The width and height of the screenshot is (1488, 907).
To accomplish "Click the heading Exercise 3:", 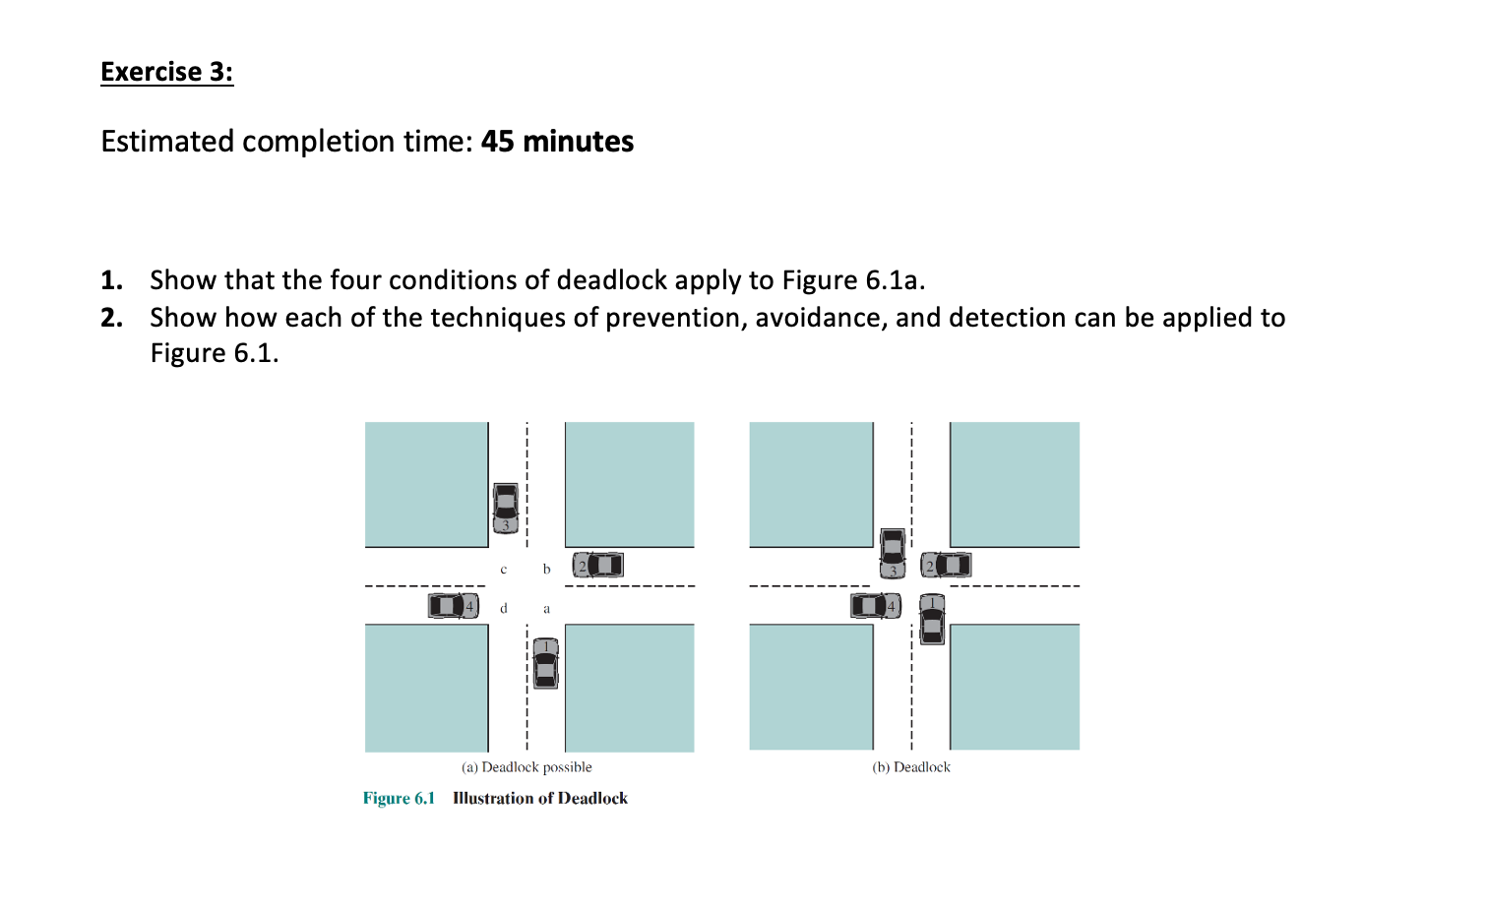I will (166, 72).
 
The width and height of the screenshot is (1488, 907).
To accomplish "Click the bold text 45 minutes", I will (557, 142).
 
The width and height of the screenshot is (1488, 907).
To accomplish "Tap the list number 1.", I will (112, 280).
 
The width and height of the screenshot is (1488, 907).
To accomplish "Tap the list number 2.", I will (112, 318).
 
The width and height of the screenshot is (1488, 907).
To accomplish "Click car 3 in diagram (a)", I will (505, 508).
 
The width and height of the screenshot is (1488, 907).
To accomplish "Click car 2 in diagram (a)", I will (597, 565).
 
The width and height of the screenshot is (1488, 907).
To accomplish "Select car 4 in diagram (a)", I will (453, 606).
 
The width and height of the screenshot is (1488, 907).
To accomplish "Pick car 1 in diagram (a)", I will (545, 663).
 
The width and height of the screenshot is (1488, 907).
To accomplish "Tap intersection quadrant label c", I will (504, 570).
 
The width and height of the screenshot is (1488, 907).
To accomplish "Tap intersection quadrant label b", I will (546, 570).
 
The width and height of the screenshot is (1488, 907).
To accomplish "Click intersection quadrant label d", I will (504, 608).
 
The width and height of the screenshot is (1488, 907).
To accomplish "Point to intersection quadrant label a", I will (546, 609).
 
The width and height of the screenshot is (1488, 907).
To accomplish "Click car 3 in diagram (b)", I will (892, 553).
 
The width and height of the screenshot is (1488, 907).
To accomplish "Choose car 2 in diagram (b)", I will (946, 565).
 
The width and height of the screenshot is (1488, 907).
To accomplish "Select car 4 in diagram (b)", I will (875, 606).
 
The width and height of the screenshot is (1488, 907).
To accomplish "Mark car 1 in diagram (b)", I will (932, 619).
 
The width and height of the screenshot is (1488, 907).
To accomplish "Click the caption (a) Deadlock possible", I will (527, 767).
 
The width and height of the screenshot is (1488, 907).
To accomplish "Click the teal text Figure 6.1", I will (399, 798).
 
